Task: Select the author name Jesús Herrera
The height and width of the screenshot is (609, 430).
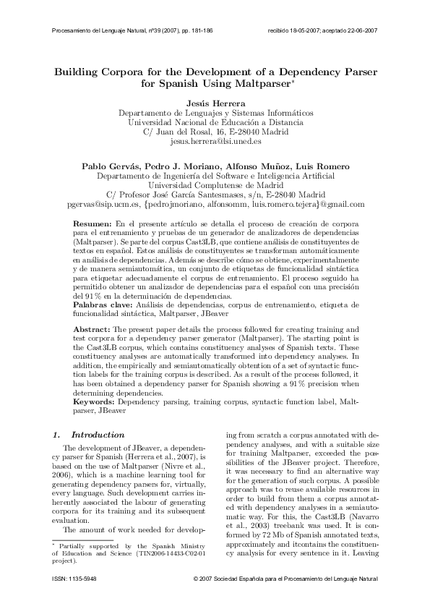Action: click(215, 103)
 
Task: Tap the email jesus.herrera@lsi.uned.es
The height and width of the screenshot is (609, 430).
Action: click(215, 143)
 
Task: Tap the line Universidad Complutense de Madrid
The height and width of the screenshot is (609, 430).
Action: click(215, 184)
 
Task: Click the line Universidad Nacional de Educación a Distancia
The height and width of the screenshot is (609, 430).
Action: click(215, 123)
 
